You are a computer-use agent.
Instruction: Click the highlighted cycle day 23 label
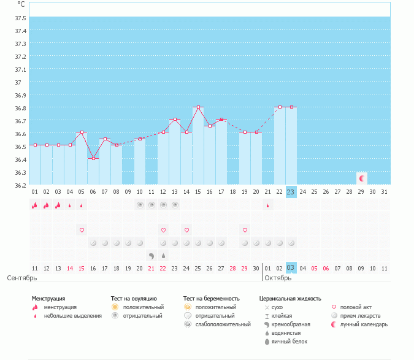(x=291, y=191)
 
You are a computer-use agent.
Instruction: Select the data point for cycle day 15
(x=197, y=107)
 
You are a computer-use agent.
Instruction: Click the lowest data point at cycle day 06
(x=93, y=158)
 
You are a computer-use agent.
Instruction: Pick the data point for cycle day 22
(x=279, y=107)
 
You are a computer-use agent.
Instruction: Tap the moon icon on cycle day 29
(x=362, y=178)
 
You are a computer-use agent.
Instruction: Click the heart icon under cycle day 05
(x=81, y=230)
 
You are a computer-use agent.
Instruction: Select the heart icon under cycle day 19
(x=244, y=230)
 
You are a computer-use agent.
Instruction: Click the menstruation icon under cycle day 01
(x=34, y=205)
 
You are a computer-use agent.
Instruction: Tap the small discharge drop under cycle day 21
(x=267, y=205)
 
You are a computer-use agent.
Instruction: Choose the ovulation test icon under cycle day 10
(x=139, y=205)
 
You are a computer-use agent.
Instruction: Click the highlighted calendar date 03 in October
(x=291, y=268)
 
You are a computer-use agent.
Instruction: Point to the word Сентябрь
(x=22, y=278)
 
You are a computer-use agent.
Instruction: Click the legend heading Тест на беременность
(x=211, y=299)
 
